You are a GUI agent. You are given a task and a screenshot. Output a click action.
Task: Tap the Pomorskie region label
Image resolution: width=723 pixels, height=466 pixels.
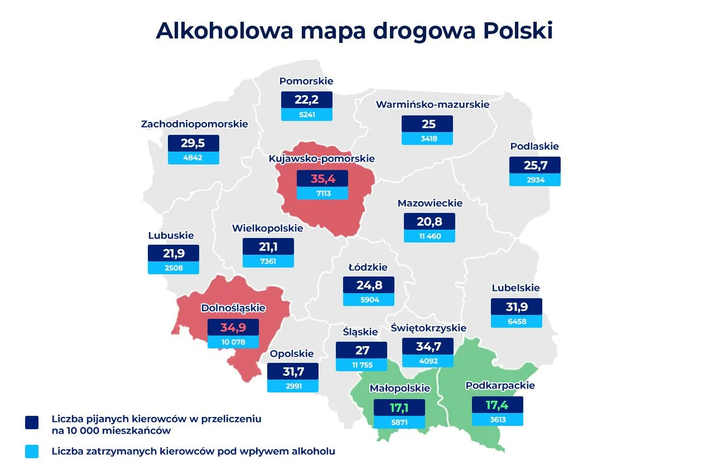point(306,81)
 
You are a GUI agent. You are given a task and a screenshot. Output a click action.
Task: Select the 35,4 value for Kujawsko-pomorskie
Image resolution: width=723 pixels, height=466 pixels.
point(322,178)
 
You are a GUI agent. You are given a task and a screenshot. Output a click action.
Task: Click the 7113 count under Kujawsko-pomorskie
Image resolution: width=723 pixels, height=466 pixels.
point(322,193)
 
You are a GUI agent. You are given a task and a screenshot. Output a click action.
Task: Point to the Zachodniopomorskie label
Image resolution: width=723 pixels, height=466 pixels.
point(194,124)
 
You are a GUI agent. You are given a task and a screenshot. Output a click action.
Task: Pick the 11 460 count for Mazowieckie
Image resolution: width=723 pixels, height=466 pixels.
point(429,236)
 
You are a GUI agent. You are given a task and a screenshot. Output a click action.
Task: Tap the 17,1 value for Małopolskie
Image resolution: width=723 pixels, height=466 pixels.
point(399,407)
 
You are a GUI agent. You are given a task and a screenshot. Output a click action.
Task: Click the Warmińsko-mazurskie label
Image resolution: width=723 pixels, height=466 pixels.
point(432,104)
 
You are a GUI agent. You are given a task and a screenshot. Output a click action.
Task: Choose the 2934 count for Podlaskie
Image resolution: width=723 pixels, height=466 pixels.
point(534,180)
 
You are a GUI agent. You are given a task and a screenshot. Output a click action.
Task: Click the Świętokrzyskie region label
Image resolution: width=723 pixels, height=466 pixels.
point(428,328)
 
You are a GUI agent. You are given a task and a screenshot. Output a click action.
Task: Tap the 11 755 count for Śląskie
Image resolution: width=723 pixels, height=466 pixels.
point(361,365)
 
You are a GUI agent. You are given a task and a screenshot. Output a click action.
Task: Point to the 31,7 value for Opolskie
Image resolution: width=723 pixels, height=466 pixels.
point(292,371)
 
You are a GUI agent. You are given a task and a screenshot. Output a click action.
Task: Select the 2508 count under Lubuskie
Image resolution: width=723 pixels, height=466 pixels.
point(173,268)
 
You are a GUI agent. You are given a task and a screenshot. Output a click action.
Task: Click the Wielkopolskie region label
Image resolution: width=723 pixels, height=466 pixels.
point(268,228)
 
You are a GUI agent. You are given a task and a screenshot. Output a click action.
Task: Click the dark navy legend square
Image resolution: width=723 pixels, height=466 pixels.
point(32,422)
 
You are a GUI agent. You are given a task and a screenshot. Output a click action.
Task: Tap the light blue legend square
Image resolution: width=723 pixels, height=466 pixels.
point(32,452)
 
